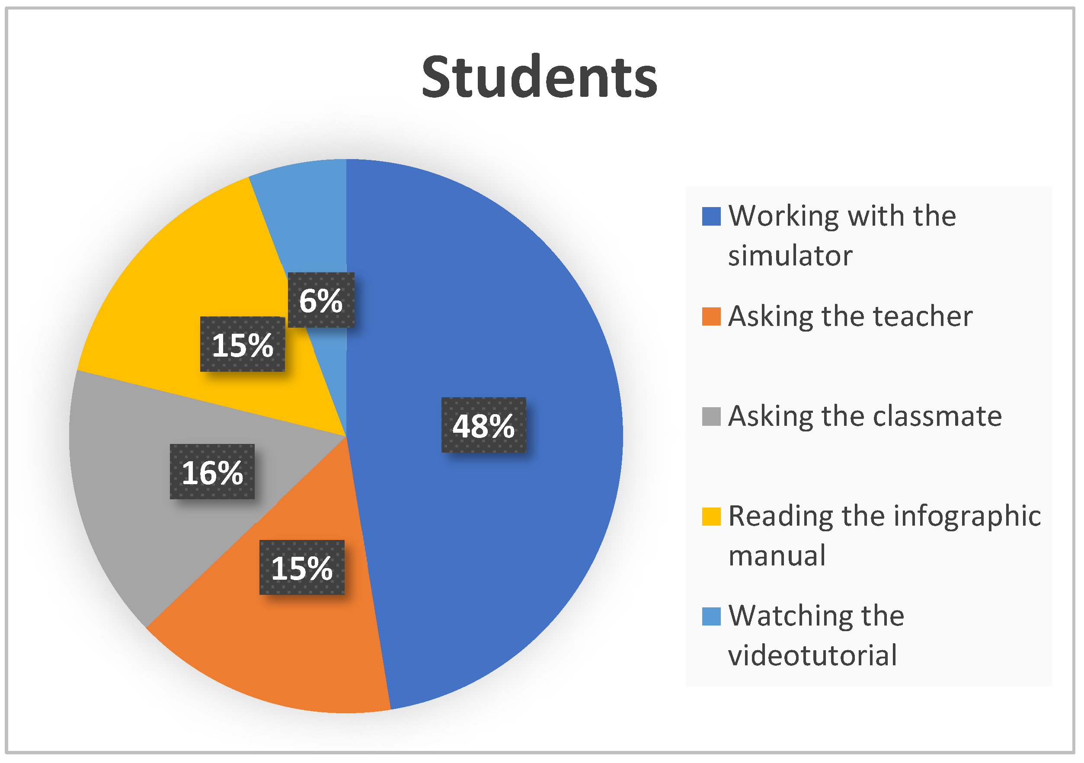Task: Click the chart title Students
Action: [x=539, y=77]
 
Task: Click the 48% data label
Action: [x=483, y=425]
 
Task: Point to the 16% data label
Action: [x=212, y=472]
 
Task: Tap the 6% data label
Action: [x=321, y=300]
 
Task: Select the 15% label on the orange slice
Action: [x=302, y=568]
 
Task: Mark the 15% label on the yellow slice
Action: [x=243, y=344]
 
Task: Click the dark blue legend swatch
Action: [x=711, y=216]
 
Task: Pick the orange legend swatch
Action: [x=711, y=316]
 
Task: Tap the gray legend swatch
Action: [x=711, y=416]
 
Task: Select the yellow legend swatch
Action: [x=711, y=516]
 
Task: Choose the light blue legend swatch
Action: [x=711, y=616]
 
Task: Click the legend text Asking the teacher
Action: [x=851, y=316]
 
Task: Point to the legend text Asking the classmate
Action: [x=865, y=416]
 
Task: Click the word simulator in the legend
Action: [x=790, y=255]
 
